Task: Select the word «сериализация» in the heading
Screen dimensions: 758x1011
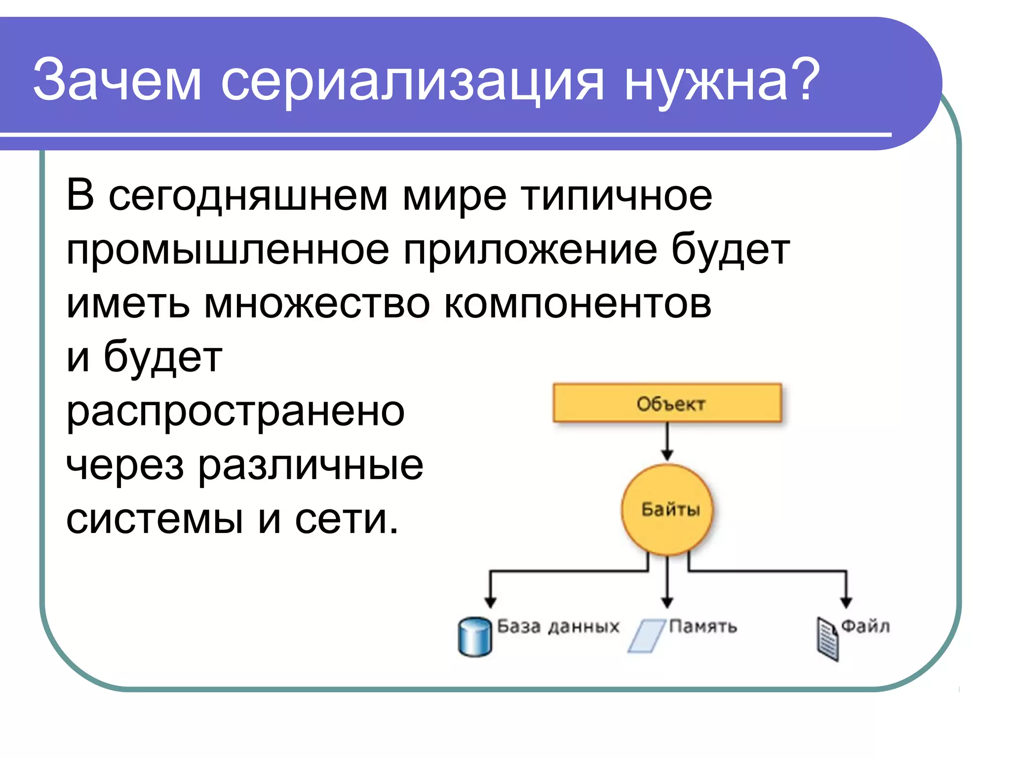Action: point(412,81)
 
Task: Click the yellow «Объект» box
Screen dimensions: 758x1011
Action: point(667,403)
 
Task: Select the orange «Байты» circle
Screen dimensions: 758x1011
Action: point(667,509)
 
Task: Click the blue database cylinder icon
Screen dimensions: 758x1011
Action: point(474,637)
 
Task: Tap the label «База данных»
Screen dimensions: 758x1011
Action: point(558,627)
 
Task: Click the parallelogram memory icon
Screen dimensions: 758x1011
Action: point(647,636)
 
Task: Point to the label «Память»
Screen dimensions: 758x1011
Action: point(703,627)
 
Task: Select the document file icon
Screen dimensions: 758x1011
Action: point(827,639)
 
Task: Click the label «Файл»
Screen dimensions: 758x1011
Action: point(865,626)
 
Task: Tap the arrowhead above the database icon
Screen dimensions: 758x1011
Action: point(490,602)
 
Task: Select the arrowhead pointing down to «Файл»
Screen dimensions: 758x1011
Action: point(846,602)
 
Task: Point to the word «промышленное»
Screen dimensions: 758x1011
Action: point(228,250)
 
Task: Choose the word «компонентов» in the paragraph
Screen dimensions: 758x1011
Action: point(578,304)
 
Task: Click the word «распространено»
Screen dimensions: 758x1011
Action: point(235,412)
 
